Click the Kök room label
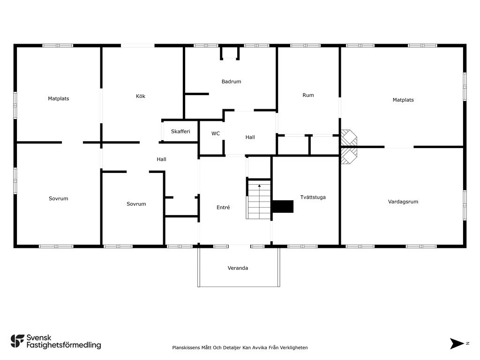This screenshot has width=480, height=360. (141, 96)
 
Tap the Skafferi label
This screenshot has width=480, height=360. (180, 131)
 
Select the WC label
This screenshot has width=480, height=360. (216, 134)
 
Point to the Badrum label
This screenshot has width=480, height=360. (232, 82)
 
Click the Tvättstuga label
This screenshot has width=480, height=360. (313, 197)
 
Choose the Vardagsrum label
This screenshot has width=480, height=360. (403, 202)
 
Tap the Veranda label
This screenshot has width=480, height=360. (238, 268)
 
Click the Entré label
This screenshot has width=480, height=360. (223, 207)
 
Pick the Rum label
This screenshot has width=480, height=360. (308, 95)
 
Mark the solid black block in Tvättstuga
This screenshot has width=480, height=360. (283, 207)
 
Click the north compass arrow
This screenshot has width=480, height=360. (457, 344)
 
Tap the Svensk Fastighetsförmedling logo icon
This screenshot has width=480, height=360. (17, 341)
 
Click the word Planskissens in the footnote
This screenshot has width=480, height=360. (186, 347)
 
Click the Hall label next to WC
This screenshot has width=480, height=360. (250, 137)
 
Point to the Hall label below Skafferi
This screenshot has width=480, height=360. (161, 159)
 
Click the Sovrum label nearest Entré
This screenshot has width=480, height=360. (136, 204)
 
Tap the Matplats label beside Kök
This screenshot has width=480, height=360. (59, 98)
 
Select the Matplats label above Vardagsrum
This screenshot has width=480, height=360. (403, 100)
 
